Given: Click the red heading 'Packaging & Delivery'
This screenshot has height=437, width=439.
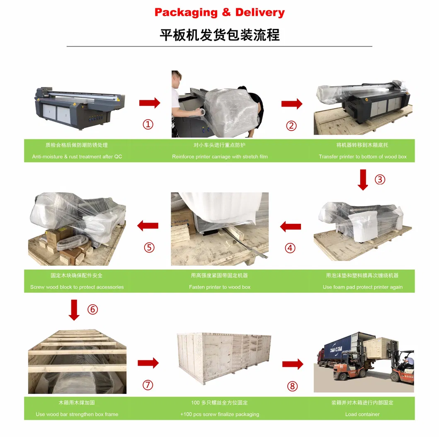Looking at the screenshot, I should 219,12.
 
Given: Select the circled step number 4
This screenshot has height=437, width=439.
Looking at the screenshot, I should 290,248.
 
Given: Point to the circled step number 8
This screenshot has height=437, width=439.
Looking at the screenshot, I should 292,386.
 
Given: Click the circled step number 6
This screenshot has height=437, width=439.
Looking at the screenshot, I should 92,309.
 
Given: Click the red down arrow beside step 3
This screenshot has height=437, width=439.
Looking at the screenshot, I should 363,180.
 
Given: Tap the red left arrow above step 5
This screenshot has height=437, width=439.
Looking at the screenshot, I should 148,226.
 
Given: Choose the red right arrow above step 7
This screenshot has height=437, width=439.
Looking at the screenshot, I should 148,363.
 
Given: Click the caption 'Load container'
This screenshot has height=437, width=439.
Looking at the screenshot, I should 362,414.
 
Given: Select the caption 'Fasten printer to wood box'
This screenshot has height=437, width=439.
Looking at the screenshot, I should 219,287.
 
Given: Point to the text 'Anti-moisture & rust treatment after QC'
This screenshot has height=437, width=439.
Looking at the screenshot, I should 77,157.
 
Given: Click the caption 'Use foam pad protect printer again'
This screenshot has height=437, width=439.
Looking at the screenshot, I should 362,287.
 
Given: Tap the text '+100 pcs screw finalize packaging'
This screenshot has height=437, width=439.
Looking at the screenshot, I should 219,414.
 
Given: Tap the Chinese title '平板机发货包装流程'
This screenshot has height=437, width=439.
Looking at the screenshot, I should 219,35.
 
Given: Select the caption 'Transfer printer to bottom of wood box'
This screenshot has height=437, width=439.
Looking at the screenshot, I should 362,157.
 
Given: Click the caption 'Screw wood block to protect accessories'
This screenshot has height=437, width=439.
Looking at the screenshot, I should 77,287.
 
